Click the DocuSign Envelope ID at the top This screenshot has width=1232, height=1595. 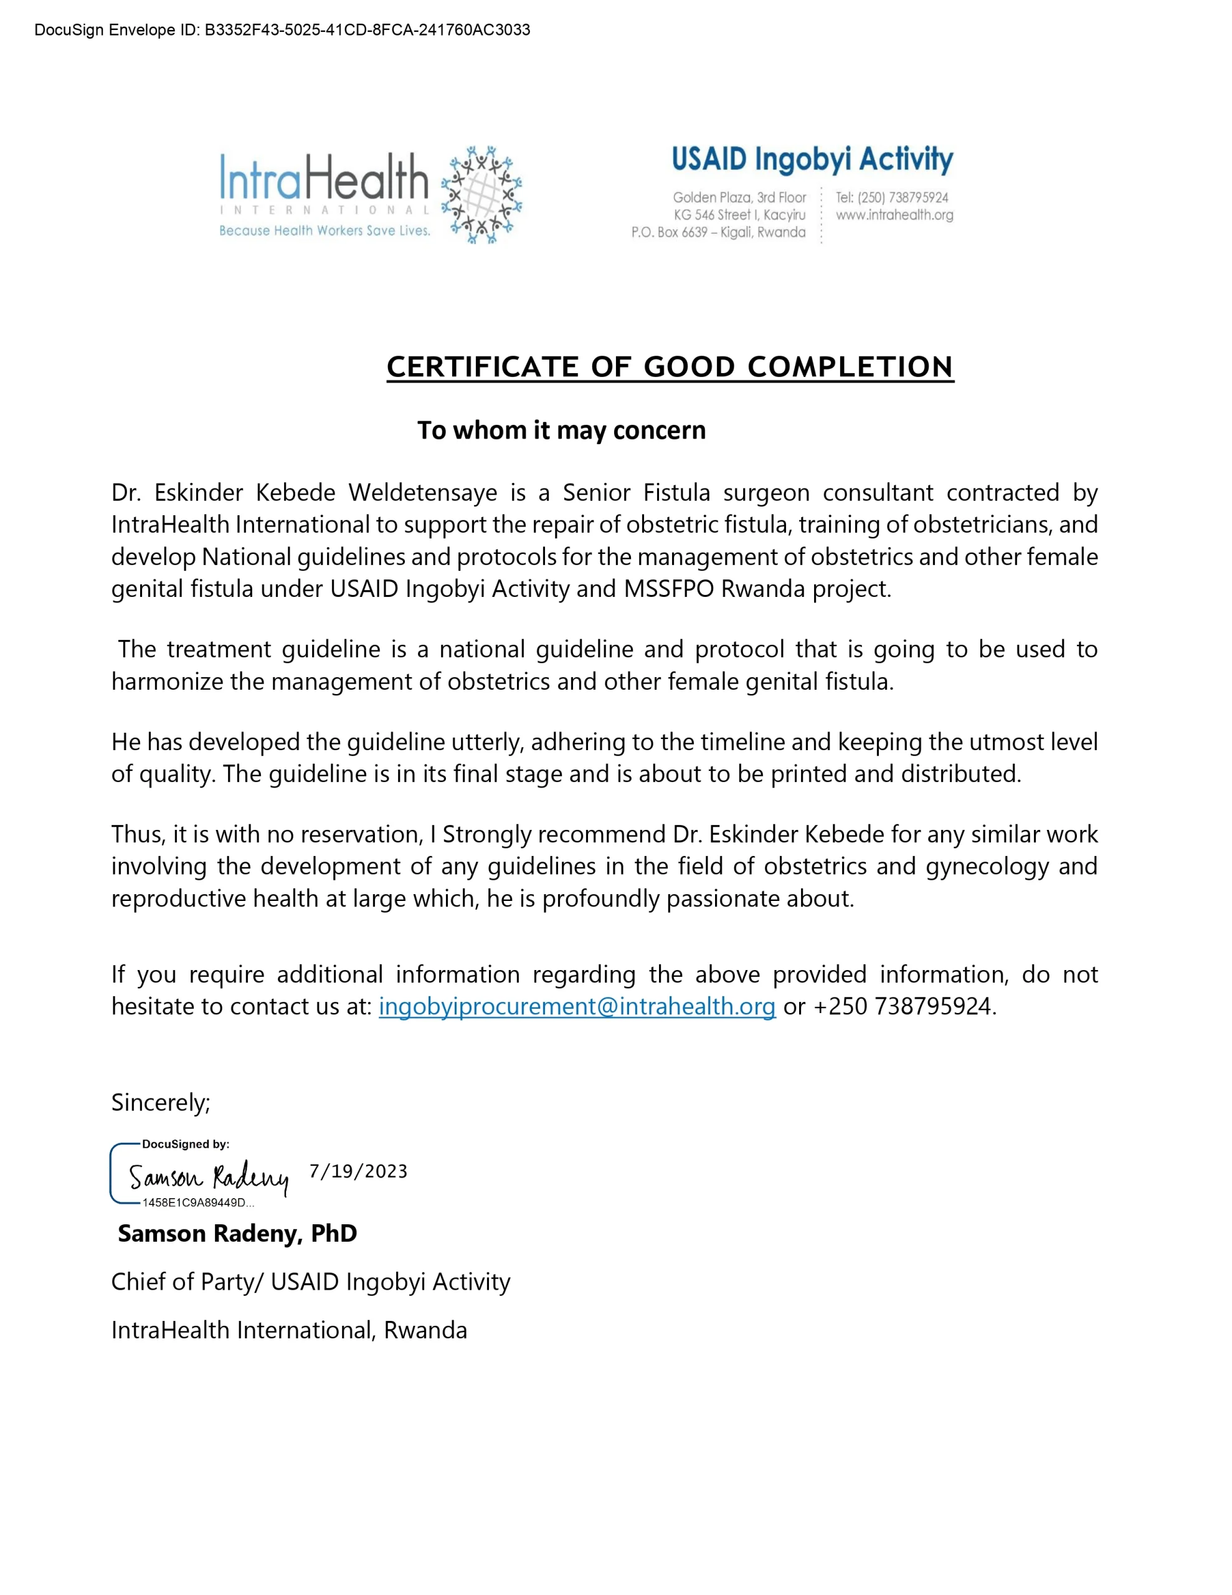pos(282,30)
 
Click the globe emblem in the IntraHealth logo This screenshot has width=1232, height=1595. pos(481,194)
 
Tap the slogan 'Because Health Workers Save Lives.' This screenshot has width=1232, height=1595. pos(325,231)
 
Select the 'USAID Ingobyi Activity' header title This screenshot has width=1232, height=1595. pos(812,159)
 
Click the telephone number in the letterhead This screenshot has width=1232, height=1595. pos(892,197)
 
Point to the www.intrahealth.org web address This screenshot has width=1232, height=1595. pos(894,215)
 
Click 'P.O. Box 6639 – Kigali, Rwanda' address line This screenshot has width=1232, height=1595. pos(718,232)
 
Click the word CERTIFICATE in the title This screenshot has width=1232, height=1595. pos(482,366)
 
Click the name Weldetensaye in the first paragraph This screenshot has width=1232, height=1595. pos(422,493)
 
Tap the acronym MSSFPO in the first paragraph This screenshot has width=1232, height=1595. pos(668,589)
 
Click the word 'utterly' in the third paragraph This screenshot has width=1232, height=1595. pos(486,742)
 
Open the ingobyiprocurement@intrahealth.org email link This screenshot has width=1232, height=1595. pos(576,1006)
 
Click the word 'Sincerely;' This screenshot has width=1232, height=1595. pos(161,1102)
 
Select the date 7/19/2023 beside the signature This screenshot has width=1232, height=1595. pos(358,1171)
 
